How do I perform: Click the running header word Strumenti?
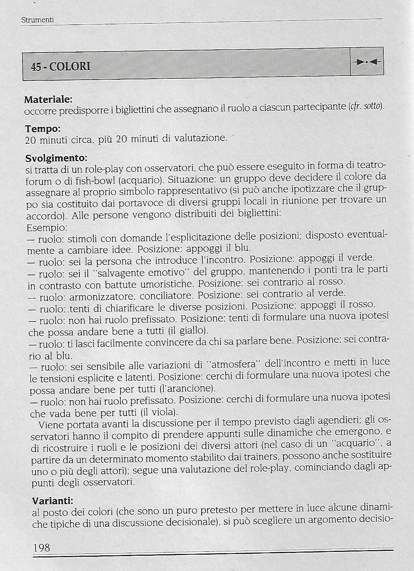coord(38,20)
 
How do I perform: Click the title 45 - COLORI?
coord(61,66)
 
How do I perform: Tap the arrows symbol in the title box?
coord(367,63)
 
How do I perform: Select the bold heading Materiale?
coord(48,100)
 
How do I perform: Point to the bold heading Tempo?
coord(43,129)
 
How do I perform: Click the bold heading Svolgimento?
coord(56,158)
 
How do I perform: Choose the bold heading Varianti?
coord(53,501)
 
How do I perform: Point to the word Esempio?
coord(47,228)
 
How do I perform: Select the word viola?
coord(162,412)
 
